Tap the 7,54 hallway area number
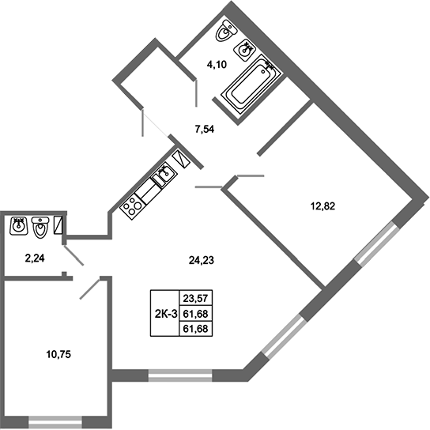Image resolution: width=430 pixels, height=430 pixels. pos(204,130)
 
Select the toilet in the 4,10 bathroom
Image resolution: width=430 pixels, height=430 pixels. pos(224,35)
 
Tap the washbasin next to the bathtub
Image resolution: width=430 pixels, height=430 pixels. pos(249,50)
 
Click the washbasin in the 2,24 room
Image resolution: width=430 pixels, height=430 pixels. pos(19,227)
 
